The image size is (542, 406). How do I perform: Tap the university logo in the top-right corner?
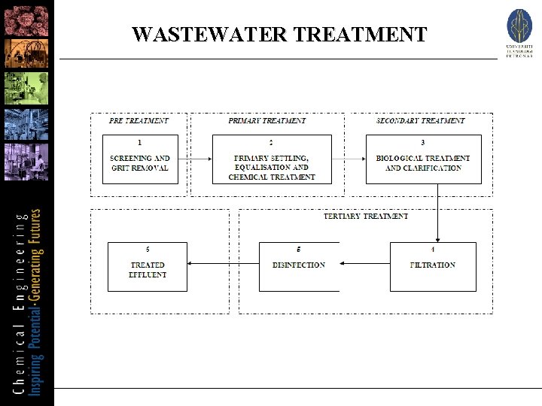(519, 32)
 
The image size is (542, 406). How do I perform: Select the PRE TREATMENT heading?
(139, 120)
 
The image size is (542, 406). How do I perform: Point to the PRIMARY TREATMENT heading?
(267, 120)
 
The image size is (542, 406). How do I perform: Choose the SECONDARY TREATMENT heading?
(420, 120)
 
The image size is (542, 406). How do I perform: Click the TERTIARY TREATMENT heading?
(366, 216)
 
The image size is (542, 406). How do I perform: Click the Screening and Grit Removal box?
(140, 159)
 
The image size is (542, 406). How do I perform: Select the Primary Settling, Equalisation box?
(272, 159)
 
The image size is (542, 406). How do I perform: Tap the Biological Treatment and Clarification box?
(423, 159)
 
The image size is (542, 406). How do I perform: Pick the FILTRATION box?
(433, 266)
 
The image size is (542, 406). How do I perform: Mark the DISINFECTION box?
(299, 266)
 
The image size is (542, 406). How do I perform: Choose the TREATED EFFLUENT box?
(148, 266)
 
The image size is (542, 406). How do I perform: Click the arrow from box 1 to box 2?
(195, 159)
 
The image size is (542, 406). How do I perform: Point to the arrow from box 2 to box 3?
(349, 159)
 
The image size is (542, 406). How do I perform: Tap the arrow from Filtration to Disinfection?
(364, 263)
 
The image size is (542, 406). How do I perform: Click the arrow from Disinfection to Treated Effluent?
(223, 263)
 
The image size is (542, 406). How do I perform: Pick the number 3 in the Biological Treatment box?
(423, 142)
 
